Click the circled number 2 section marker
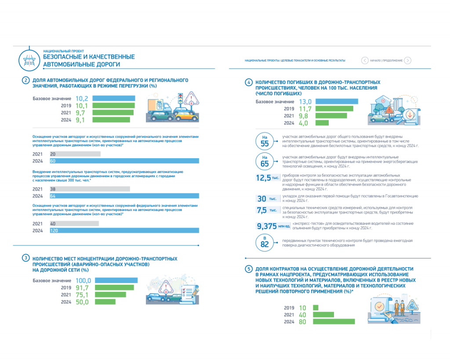coord(26,80)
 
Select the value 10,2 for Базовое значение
coord(82,98)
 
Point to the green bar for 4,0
coord(321,123)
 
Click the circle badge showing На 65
coord(265,161)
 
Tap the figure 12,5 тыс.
coord(268,178)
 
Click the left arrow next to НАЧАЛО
coord(365,61)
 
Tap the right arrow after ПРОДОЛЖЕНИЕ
coord(408,61)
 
